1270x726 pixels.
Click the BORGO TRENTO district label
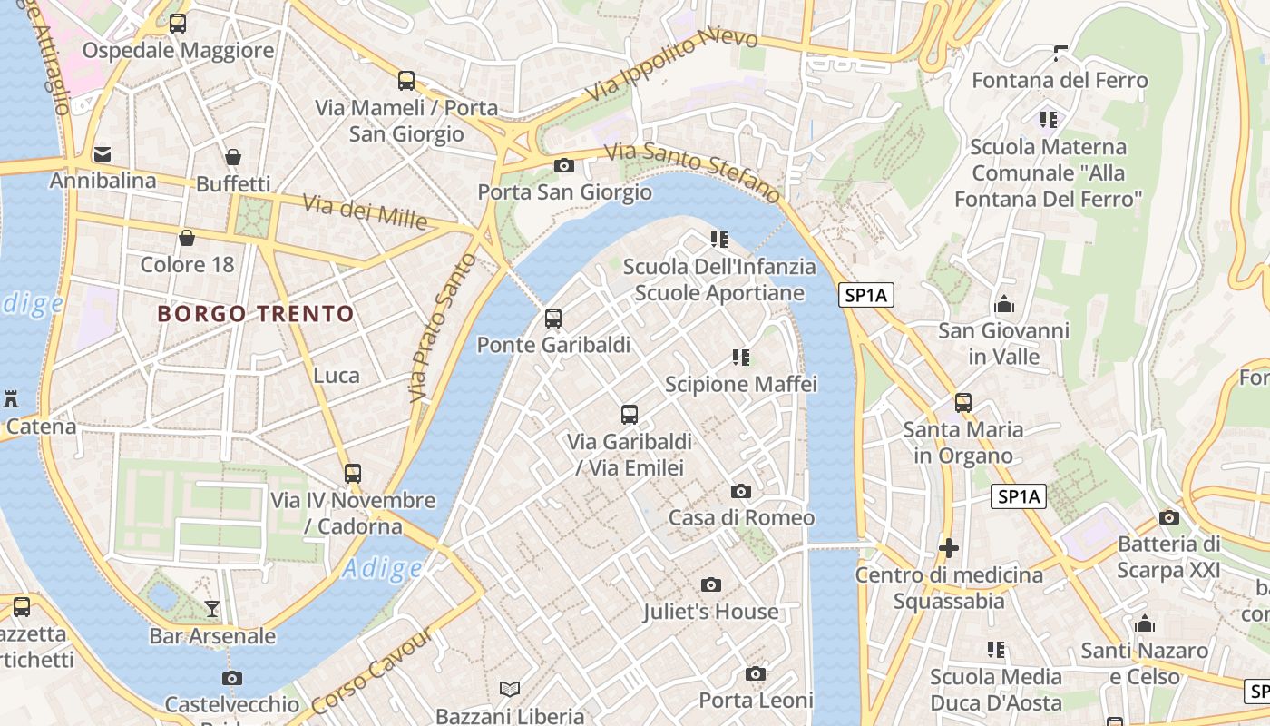pos(256,314)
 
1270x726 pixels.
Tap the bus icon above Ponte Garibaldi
pos(553,319)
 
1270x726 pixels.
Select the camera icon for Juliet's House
pos(711,584)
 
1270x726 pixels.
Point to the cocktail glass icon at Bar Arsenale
pos(212,608)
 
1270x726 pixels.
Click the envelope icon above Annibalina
pos(103,153)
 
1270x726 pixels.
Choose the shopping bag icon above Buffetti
pos(233,157)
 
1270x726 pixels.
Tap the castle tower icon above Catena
pos(11,398)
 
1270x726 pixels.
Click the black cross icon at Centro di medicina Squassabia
pos(949,548)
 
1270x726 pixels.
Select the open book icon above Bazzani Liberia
pos(510,690)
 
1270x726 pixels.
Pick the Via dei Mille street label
pos(365,211)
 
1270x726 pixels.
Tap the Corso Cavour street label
pos(372,670)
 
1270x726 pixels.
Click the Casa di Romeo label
pos(741,517)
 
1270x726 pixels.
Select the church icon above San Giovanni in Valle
pos(1003,303)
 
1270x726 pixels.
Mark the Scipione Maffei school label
pos(741,384)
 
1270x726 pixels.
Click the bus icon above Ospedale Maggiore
pos(178,24)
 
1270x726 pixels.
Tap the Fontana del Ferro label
pos(1060,80)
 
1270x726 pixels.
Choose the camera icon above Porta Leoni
pos(755,673)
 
